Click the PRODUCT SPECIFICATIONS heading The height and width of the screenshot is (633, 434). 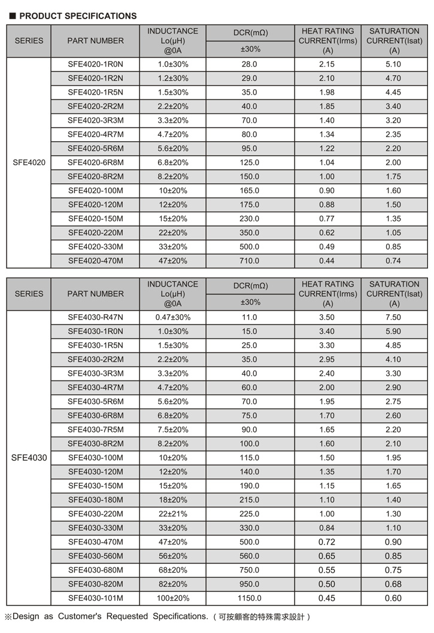point(78,16)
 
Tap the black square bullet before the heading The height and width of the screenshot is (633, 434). point(11,16)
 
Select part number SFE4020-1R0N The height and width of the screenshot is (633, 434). point(95,64)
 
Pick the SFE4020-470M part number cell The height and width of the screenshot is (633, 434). point(95,261)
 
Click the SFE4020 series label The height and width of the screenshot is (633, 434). point(29,162)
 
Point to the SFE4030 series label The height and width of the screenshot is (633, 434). point(29,458)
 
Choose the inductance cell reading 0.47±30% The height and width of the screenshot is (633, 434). point(172,317)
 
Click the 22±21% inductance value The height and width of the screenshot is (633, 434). point(172,514)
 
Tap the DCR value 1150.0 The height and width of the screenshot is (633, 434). point(249,598)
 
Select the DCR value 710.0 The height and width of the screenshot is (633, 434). point(249,261)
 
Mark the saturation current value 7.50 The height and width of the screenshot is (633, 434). point(393,317)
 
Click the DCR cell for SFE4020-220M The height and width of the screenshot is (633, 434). point(249,233)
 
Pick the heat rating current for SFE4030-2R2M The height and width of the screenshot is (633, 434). point(327,360)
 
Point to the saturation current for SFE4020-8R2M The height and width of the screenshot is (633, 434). point(393,176)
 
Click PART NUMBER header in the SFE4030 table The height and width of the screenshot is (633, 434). point(95,294)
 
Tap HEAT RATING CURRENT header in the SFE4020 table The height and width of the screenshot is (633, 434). point(327,41)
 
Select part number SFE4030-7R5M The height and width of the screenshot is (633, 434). point(95,430)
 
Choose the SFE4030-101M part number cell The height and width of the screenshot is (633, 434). point(95,598)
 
